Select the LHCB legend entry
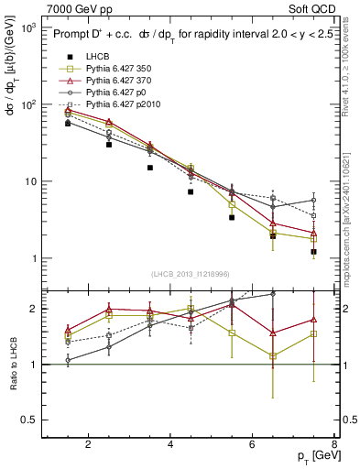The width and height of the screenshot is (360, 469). [96, 56]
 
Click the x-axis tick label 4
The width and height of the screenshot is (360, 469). [171, 444]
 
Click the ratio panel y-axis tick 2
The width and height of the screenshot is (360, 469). [36, 309]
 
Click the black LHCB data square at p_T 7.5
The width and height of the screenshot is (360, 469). [314, 252]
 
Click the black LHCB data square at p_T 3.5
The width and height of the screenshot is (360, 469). [149, 168]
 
